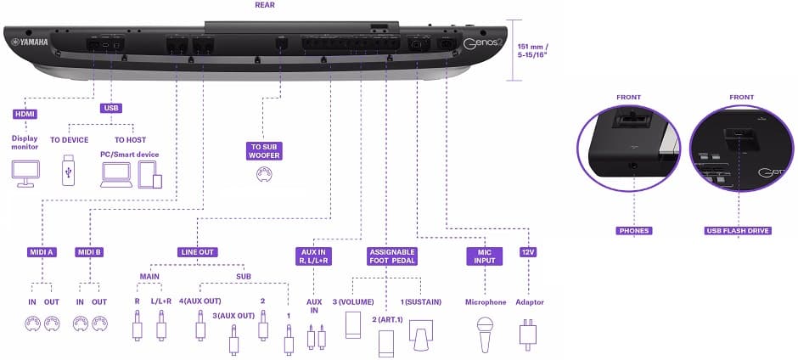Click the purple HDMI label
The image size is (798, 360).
[x=24, y=113]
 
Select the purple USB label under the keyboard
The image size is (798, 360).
[x=111, y=109]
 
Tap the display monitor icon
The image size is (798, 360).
[x=24, y=173]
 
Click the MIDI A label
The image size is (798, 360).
[x=42, y=252]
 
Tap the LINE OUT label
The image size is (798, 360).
[x=197, y=252]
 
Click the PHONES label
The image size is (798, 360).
[x=632, y=230]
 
